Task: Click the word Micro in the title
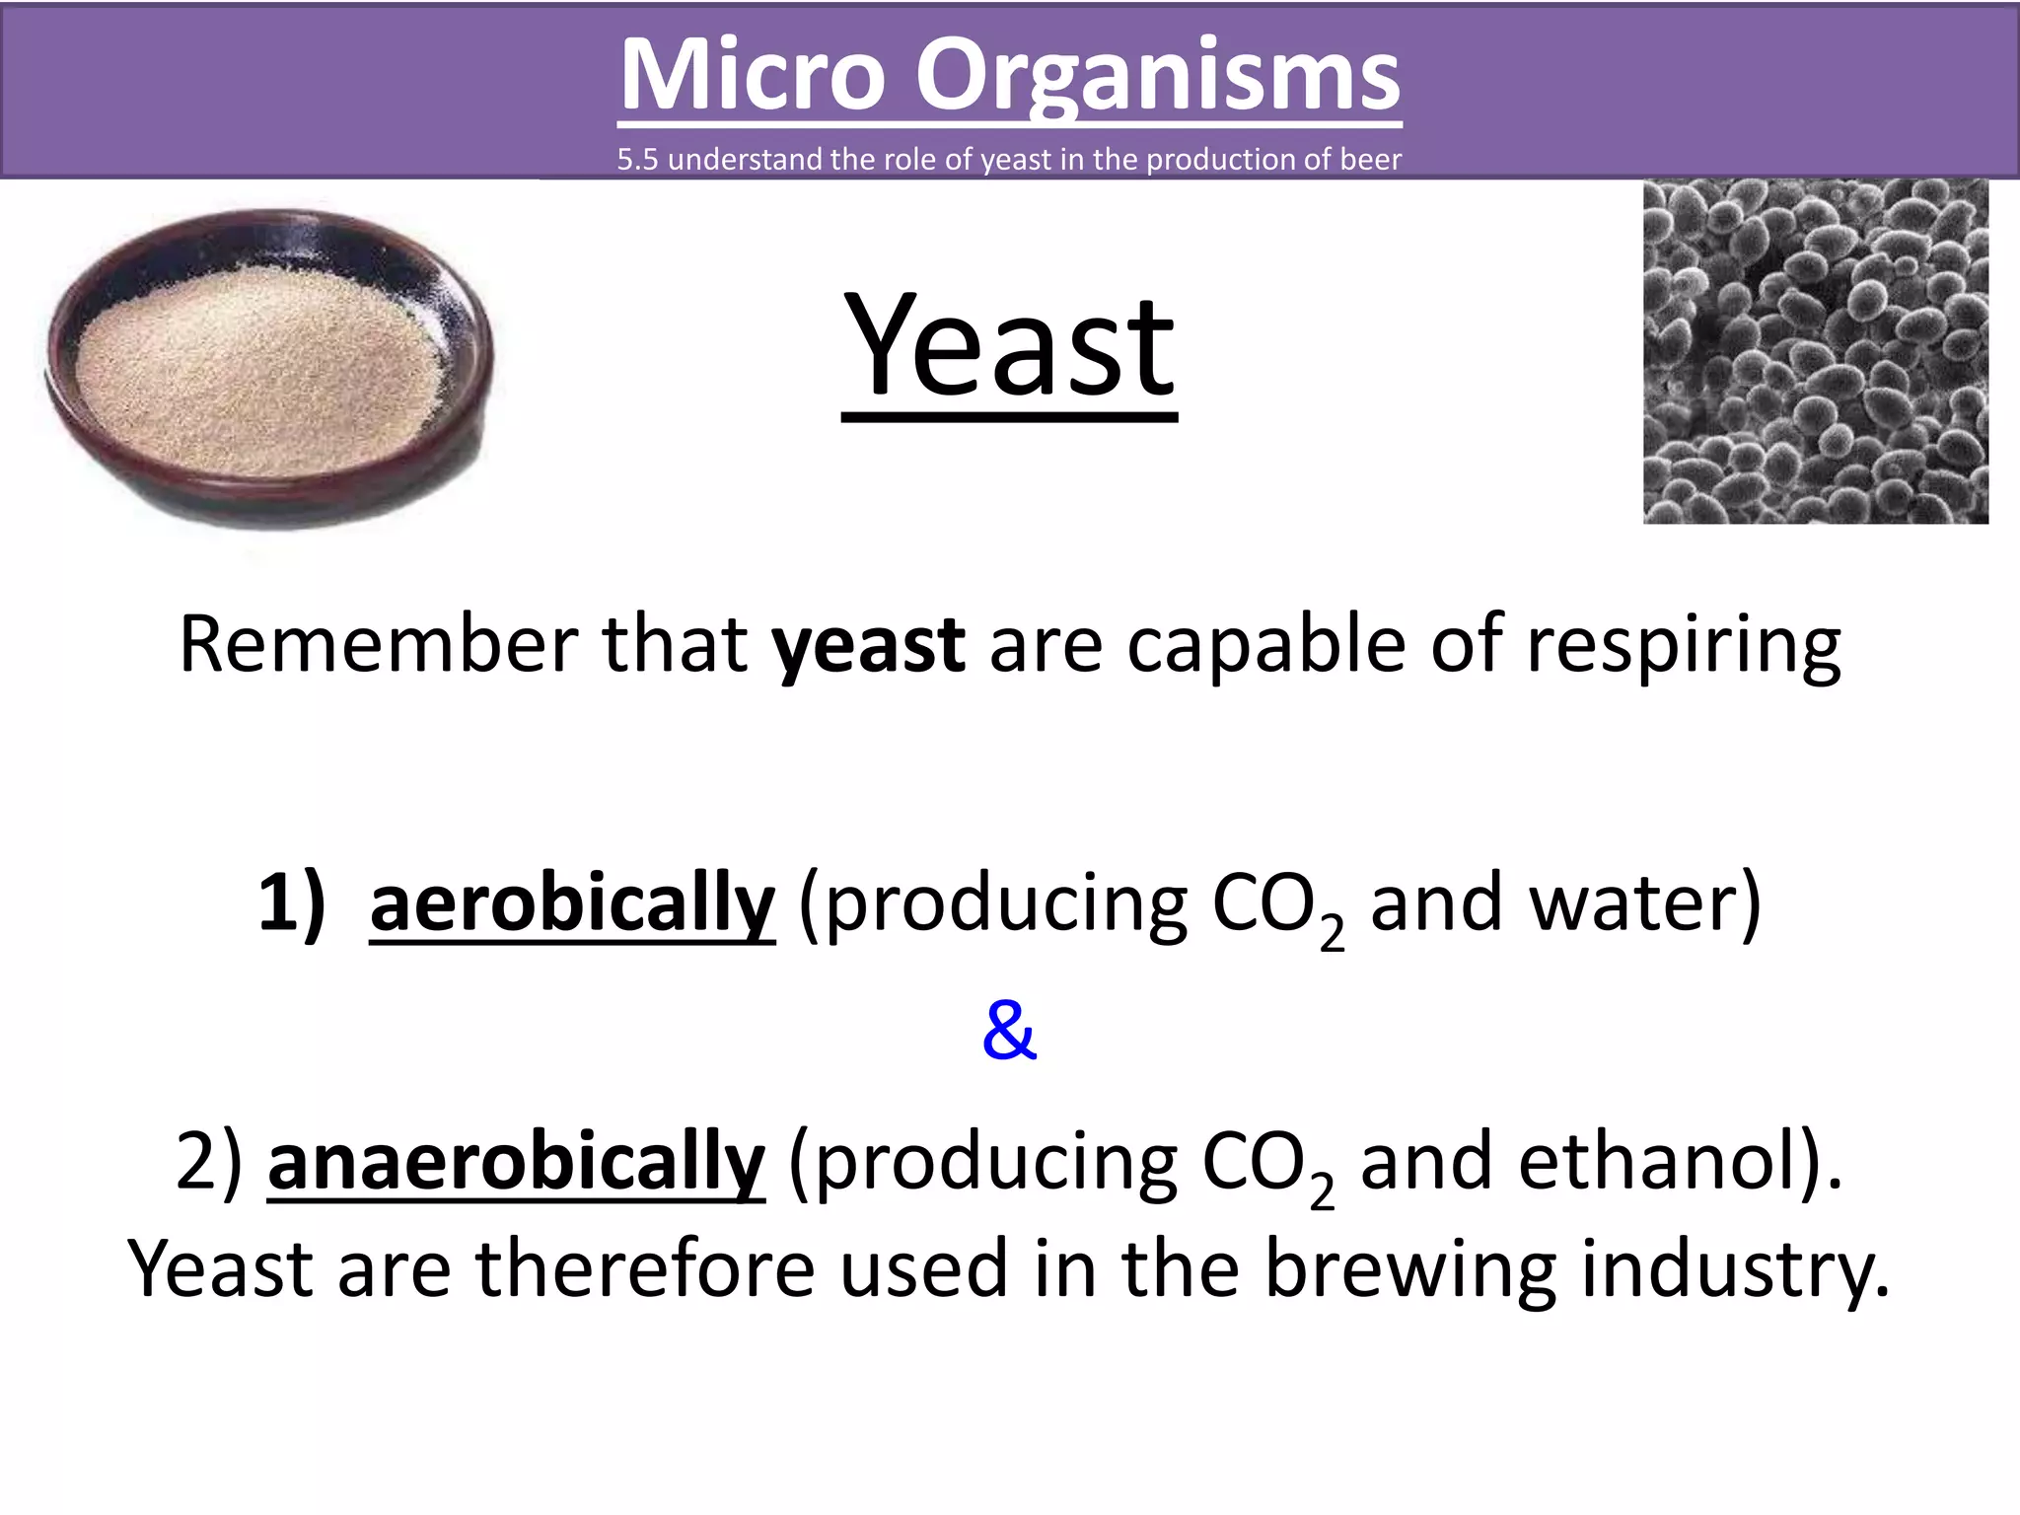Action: tap(752, 76)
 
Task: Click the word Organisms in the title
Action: tap(1157, 76)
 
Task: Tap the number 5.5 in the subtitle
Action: tap(637, 160)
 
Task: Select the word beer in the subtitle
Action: tap(1370, 160)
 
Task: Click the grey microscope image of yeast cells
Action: tap(1815, 351)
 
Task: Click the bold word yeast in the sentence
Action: tap(868, 646)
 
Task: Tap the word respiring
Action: tap(1683, 646)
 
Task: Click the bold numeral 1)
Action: tap(291, 902)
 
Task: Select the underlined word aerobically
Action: tap(572, 902)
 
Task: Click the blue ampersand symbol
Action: tap(1009, 1030)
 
